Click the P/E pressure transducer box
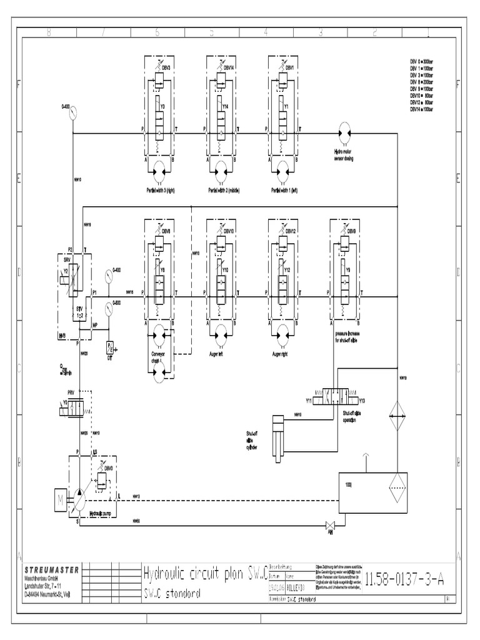pos(110,347)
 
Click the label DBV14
pos(227,67)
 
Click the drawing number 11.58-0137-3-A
pos(404,579)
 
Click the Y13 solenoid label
pos(362,401)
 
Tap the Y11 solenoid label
pos(309,401)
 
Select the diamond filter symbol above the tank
pos(397,413)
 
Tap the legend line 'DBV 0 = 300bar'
pos(421,61)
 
